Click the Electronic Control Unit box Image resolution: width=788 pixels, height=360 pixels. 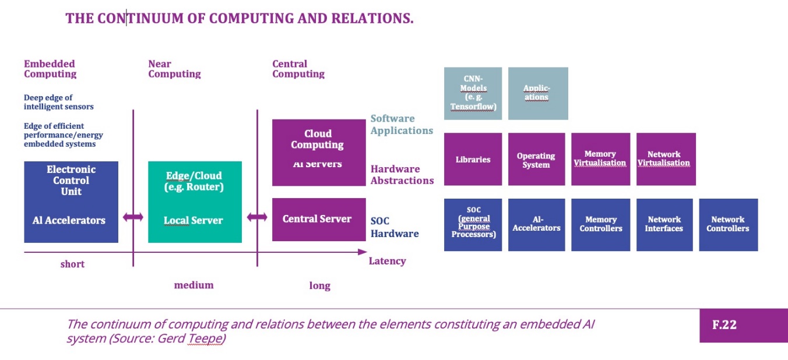click(71, 202)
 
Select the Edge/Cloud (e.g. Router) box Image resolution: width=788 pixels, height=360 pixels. click(195, 202)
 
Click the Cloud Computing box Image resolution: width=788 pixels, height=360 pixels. click(318, 152)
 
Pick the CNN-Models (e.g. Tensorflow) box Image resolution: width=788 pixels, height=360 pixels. click(473, 93)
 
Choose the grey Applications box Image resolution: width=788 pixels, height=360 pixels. click(537, 93)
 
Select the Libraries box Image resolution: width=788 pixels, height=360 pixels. click(473, 159)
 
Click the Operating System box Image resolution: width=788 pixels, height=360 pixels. click(536, 159)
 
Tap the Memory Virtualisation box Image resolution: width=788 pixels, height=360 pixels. click(600, 159)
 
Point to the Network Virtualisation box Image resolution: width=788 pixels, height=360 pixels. click(665, 159)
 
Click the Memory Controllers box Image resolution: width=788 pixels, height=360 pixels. click(600, 224)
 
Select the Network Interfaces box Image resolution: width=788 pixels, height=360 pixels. click(664, 224)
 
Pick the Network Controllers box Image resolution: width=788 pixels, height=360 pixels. click(728, 224)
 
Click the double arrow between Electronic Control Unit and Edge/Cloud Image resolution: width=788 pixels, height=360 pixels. click(133, 217)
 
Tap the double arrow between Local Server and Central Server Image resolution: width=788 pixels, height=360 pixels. click(257, 217)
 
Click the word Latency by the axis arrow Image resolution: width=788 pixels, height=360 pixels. click(387, 261)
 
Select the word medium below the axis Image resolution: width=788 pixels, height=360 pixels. click(194, 285)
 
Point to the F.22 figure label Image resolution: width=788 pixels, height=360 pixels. click(724, 325)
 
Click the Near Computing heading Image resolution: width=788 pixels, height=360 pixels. click(174, 69)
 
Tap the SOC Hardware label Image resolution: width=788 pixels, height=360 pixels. click(394, 227)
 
